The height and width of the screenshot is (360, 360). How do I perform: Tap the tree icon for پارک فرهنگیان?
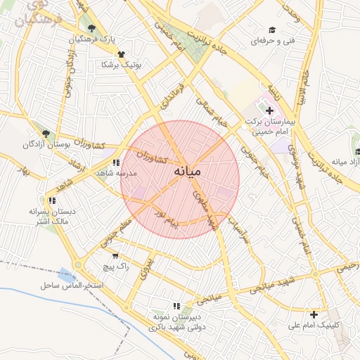pos(91,29)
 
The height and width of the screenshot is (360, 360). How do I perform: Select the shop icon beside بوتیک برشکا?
pos(121,53)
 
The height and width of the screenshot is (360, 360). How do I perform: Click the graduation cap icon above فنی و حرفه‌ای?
pos(271,30)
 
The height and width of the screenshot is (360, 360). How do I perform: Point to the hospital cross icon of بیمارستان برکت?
pos(269,110)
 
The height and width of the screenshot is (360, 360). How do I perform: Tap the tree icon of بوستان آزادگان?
pos(46,133)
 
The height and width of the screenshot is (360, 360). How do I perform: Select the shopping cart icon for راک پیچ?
pos(115,257)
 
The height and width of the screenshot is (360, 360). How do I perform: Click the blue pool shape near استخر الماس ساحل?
pos(67,274)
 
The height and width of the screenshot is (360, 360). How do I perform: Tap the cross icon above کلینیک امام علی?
pos(314,314)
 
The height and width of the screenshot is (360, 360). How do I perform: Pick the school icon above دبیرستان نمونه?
pos(176,306)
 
